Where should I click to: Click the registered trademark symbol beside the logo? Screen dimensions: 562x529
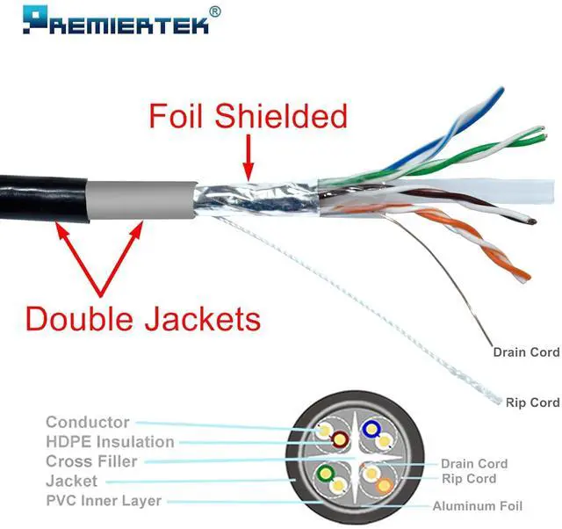coord(216,11)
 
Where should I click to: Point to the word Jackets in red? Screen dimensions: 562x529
coord(204,318)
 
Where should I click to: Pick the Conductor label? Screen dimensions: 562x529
coord(88,423)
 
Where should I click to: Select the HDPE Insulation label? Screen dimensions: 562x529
coord(110,442)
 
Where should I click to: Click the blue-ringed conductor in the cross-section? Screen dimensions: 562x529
coord(371,430)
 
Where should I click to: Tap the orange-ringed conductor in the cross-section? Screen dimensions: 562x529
coord(385,484)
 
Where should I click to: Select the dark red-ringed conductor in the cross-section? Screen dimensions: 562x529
coord(339,439)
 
